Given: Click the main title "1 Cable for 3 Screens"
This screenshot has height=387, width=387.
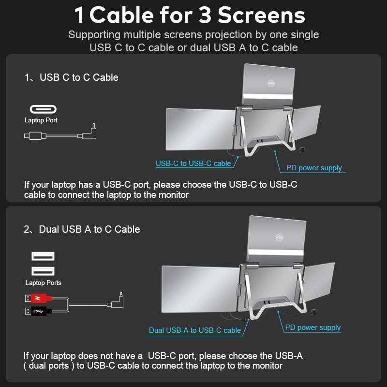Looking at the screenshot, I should click(190, 15).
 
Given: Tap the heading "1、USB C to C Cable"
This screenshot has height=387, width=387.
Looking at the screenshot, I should click(71, 77).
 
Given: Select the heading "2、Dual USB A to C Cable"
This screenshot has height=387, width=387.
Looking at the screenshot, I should click(82, 229).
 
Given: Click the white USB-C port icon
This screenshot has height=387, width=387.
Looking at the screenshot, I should click(43, 109).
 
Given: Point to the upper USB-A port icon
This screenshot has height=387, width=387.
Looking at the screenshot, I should click(43, 256).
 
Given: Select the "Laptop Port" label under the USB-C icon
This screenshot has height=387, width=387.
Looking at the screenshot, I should click(41, 120).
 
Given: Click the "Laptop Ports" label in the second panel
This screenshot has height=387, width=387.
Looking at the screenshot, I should click(43, 283).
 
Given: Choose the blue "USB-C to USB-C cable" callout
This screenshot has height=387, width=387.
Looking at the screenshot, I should click(193, 164).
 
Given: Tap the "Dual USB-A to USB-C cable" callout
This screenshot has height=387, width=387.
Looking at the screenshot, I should click(194, 330).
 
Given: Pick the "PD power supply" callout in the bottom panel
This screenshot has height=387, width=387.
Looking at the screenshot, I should click(313, 327).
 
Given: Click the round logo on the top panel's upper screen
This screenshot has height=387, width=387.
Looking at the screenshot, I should click(271, 83).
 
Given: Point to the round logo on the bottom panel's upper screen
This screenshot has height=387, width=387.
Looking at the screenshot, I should click(279, 237).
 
